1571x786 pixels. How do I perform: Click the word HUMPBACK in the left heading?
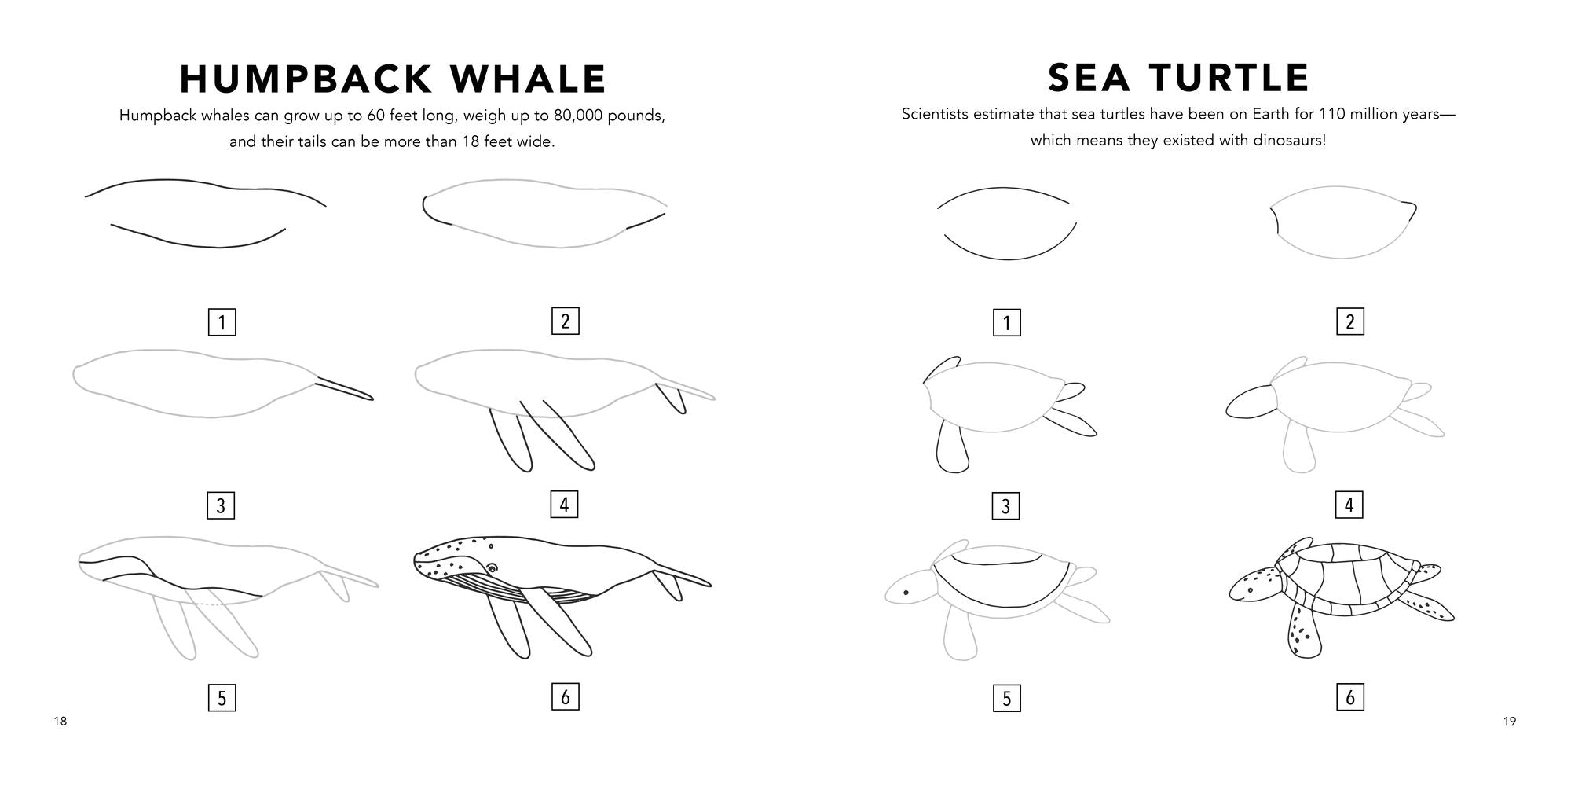306,79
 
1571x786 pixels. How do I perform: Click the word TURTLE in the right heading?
1232,78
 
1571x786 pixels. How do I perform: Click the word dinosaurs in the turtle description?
1284,141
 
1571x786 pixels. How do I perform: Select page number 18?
60,722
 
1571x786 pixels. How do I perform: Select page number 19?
1510,722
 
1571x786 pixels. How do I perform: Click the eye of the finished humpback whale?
492,567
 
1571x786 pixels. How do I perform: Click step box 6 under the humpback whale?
565,697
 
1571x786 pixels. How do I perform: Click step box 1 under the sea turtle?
1007,322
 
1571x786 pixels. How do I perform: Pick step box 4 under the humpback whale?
564,505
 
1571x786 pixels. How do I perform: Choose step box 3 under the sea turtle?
1006,506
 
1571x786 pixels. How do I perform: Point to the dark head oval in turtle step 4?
1249,402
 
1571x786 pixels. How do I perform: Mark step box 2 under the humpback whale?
565,321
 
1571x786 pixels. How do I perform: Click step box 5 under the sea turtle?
1007,698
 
